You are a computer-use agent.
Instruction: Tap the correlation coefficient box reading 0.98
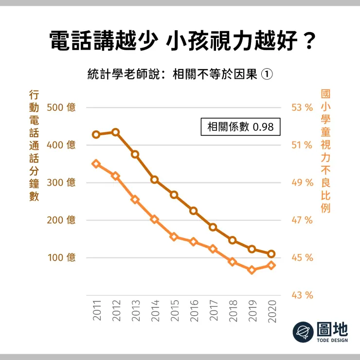coord(240,126)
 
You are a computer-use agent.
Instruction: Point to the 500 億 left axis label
coord(61,108)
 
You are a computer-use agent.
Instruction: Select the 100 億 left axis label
coord(61,257)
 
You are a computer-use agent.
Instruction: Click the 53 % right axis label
coord(302,108)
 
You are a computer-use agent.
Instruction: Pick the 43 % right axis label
coord(302,295)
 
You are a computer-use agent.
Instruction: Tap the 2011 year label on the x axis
coord(96,310)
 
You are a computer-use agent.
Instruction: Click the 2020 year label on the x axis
coord(272,310)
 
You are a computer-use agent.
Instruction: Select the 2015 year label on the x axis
coord(174,310)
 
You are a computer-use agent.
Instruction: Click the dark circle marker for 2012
coord(116,132)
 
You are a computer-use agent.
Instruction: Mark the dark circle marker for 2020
coord(271,254)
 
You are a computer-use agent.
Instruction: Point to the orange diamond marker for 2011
coord(96,164)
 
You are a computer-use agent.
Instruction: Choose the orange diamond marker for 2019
coord(252,270)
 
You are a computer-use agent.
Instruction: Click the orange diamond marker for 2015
coord(174,237)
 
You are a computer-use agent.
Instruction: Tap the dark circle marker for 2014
coord(155,180)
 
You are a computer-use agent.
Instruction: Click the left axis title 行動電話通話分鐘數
coord(34,145)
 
